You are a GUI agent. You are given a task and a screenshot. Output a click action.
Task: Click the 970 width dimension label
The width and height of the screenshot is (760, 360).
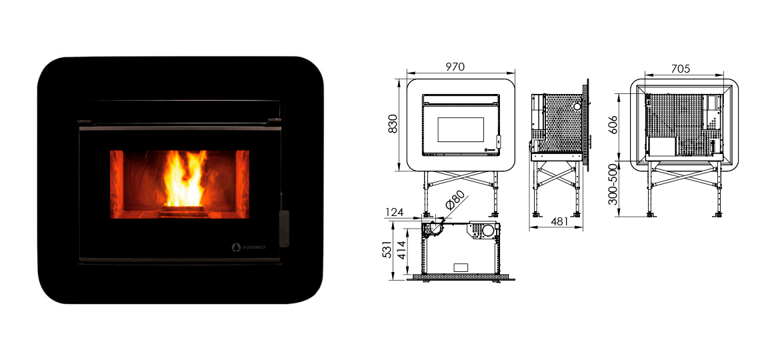point(455,67)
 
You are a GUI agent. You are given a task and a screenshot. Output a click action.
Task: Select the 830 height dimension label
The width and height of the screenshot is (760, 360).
point(393,123)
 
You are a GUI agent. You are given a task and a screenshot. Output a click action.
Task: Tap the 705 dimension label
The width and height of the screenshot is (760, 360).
point(681,69)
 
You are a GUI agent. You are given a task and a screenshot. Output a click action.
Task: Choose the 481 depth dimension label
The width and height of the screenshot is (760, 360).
point(559,221)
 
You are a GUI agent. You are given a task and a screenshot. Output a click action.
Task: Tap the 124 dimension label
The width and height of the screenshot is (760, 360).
point(395,212)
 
